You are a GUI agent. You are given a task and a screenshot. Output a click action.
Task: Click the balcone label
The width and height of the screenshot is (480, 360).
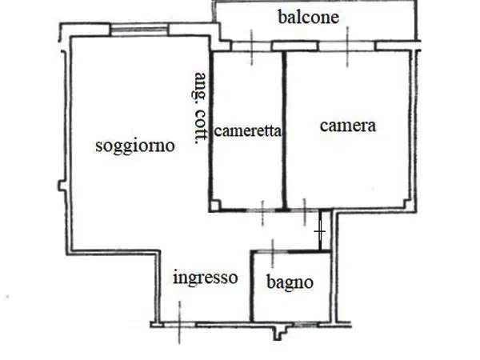(309, 17)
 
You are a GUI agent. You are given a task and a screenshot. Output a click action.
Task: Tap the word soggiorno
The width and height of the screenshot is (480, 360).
(135, 146)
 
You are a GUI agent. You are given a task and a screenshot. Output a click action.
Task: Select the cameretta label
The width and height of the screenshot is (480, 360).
(247, 131)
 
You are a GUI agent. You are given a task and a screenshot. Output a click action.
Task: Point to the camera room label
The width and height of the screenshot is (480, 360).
(348, 126)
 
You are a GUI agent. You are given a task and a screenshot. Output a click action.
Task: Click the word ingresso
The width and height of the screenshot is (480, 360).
(206, 278)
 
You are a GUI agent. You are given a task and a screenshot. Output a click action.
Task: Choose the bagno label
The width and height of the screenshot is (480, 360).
(290, 282)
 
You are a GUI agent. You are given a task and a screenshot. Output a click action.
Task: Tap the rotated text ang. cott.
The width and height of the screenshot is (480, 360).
(199, 108)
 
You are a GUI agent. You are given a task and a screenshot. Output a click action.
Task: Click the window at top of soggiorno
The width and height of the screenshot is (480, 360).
(139, 30)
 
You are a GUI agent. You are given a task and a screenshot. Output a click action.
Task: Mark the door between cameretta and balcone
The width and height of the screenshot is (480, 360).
(252, 46)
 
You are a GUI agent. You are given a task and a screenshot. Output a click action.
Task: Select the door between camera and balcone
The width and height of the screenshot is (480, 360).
(347, 46)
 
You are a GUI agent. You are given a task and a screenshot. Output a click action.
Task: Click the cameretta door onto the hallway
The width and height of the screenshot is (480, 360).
(262, 210)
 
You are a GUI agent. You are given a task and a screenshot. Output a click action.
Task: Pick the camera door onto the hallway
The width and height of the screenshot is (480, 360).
(304, 210)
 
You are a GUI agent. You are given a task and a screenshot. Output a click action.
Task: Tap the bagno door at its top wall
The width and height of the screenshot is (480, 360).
(273, 252)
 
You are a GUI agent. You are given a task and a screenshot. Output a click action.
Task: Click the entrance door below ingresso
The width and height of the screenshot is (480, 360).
(180, 325)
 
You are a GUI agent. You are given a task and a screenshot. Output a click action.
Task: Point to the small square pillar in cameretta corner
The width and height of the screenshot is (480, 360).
(214, 206)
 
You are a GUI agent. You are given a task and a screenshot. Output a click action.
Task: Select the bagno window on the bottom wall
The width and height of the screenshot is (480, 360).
(306, 324)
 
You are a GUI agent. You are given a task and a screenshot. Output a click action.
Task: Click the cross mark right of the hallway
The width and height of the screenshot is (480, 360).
(319, 231)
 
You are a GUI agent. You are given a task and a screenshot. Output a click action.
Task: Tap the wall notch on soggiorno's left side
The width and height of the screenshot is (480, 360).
(62, 186)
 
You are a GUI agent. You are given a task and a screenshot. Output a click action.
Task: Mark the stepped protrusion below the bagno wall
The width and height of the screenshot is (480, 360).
(280, 333)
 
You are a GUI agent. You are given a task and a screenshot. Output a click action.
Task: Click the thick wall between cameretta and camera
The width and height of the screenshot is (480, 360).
(284, 131)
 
